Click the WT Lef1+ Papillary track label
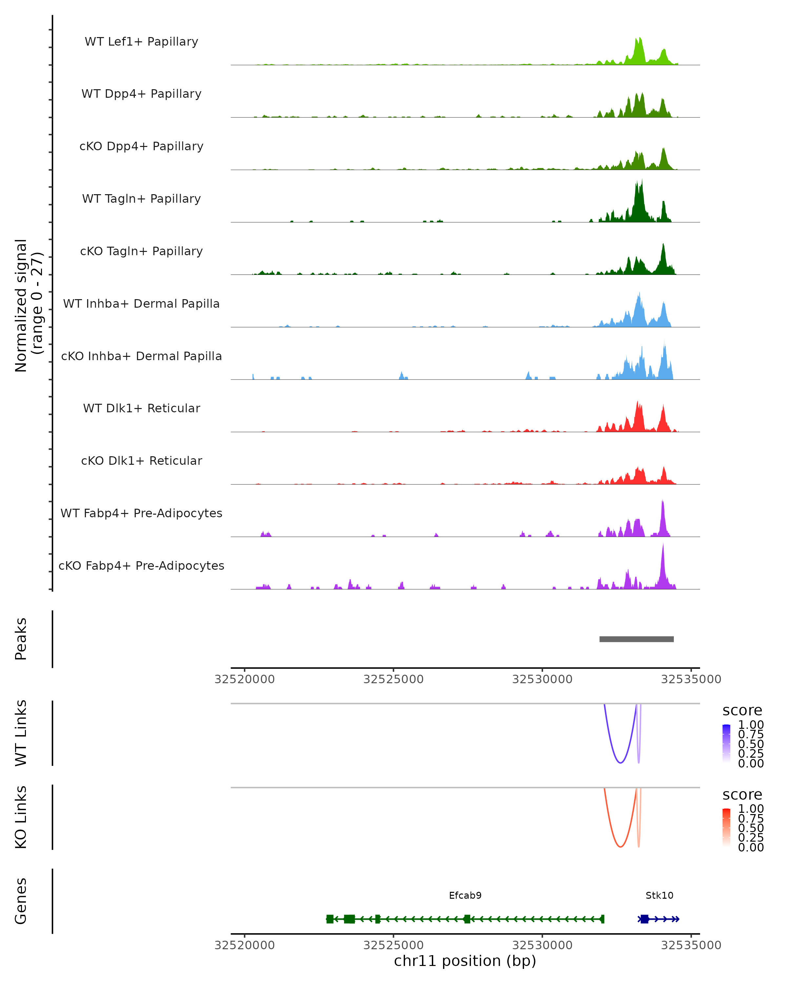[x=141, y=42]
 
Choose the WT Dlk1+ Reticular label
[x=141, y=408]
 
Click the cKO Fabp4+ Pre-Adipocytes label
[x=141, y=565]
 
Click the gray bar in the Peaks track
[x=636, y=639]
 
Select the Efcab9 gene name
[x=465, y=895]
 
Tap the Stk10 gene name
[x=659, y=895]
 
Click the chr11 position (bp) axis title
[x=465, y=961]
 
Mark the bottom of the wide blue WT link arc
[x=620, y=763]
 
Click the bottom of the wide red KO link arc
[x=620, y=847]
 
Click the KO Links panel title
[x=21, y=817]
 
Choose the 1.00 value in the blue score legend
[x=751, y=725]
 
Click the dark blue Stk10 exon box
[x=644, y=919]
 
